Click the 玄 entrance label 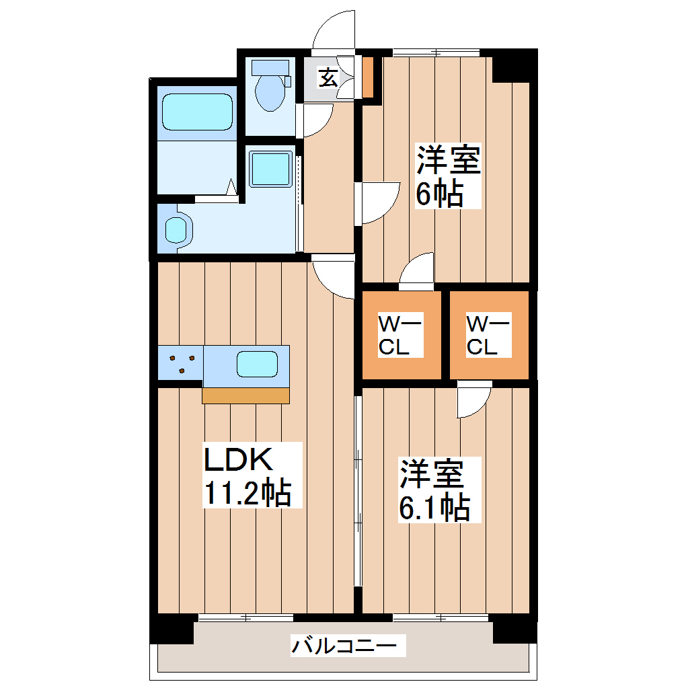click(328, 78)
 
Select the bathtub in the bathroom click(196, 111)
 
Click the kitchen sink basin click(256, 365)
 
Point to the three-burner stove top click(180, 363)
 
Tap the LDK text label click(238, 461)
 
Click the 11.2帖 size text click(247, 495)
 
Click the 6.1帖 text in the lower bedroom click(434, 508)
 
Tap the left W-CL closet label click(400, 336)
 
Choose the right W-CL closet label click(489, 336)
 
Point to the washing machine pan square click(270, 168)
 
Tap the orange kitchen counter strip click(245, 395)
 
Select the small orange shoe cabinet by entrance click(368, 76)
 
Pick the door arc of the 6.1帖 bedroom click(473, 402)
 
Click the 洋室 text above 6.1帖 click(432, 474)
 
